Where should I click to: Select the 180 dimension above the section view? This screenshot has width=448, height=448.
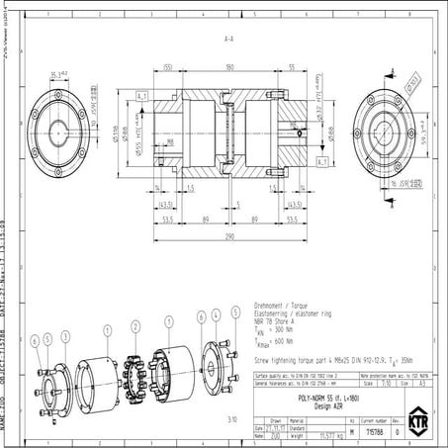tap(230, 67)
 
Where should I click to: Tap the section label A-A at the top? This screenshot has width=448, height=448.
tap(228, 41)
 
